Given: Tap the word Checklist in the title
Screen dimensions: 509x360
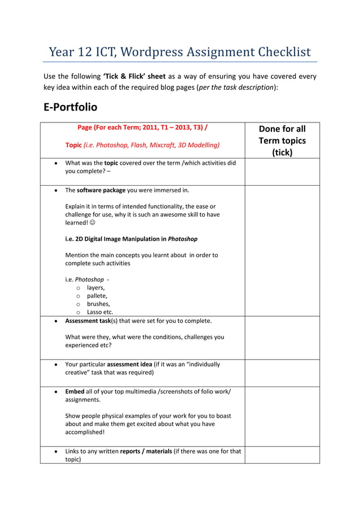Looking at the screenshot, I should [284, 52].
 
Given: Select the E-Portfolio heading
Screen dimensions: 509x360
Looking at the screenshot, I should [71, 107].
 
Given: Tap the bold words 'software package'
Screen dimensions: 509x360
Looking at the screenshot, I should [101, 190].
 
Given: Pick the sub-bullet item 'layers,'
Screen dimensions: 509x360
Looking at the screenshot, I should [96, 287].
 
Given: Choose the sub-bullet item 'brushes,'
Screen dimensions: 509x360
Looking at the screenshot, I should [99, 304].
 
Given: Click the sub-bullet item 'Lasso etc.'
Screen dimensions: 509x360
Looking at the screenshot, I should [100, 312].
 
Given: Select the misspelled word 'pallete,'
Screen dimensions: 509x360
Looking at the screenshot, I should [97, 296].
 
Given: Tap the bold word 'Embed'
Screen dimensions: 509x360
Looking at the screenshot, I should [75, 391].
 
